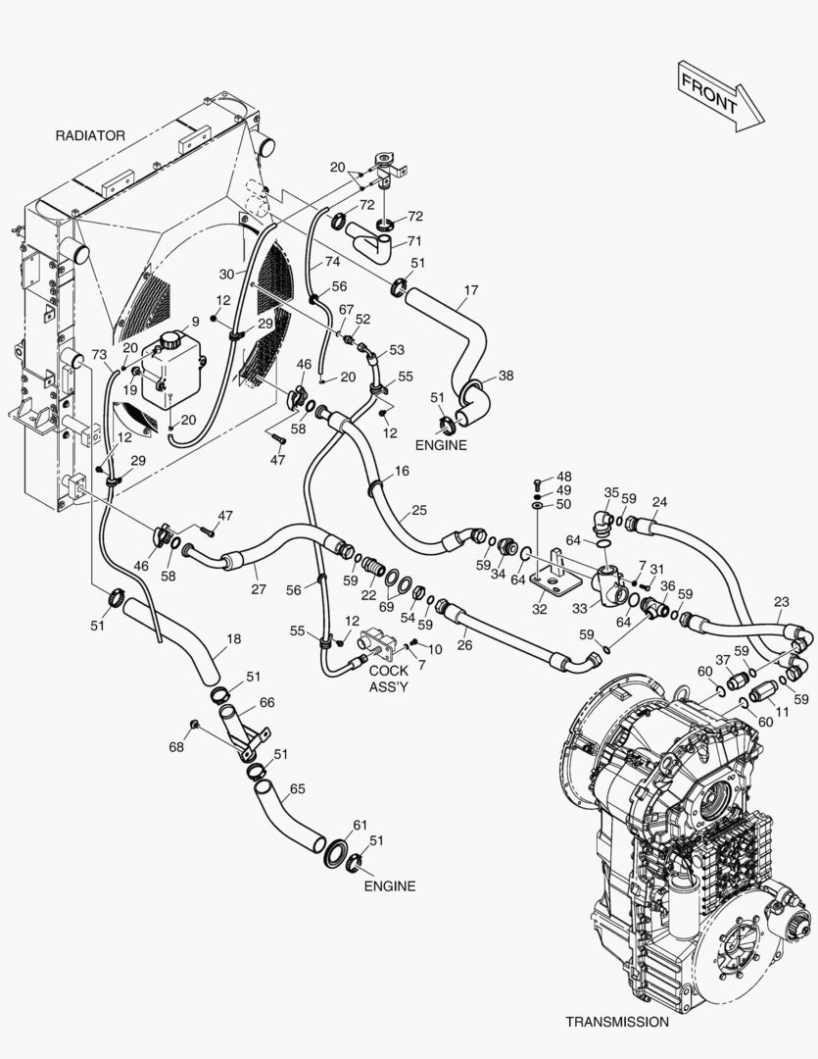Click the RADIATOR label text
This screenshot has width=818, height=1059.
(90, 135)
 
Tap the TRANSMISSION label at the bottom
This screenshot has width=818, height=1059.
(617, 1021)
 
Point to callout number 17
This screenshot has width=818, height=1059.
(470, 290)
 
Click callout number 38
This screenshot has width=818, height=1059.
(505, 375)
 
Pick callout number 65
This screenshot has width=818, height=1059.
(298, 788)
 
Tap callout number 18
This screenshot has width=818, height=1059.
(232, 639)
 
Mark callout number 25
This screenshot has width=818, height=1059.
(419, 510)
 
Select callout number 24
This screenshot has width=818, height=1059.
(659, 502)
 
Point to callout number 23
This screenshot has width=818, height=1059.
(781, 602)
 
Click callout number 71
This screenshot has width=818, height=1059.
(414, 241)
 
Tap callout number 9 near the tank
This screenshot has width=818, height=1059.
(195, 321)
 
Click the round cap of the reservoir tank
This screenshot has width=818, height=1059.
(172, 340)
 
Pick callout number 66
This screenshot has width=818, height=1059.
(266, 702)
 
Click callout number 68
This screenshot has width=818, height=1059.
(175, 747)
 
